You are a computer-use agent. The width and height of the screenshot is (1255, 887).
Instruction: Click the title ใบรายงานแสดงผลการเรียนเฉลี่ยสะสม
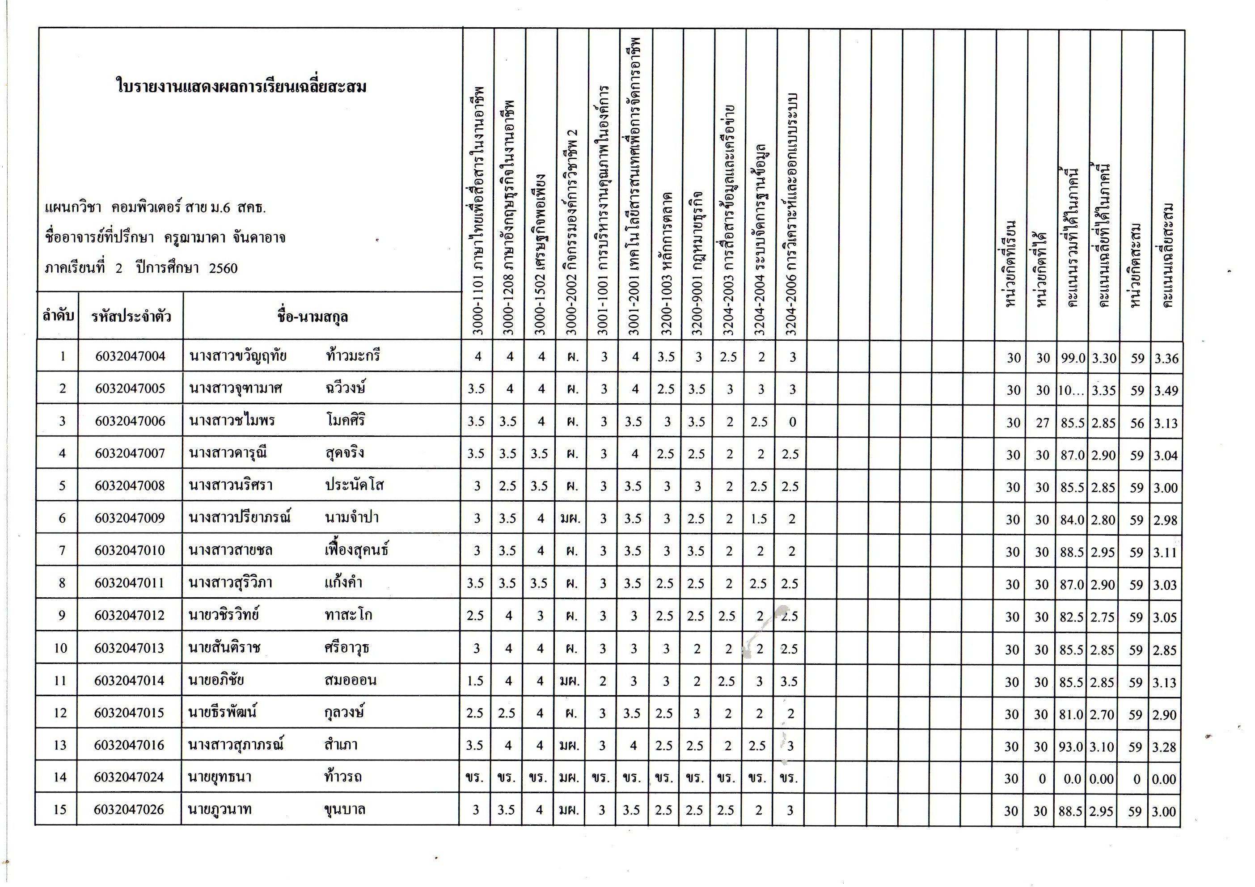point(241,86)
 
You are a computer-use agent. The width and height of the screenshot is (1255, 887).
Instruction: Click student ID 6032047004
point(130,356)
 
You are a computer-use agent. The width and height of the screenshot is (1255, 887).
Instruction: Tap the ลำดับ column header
point(58,316)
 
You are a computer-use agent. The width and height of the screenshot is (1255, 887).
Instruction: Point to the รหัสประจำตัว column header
point(131,317)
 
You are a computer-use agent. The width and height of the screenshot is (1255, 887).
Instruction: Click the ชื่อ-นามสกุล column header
point(312,317)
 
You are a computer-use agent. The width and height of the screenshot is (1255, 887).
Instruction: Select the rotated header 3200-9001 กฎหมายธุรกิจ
point(697,262)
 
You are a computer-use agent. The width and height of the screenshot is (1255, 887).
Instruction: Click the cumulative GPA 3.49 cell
point(1166,391)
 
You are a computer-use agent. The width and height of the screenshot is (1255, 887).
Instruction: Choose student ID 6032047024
point(129,777)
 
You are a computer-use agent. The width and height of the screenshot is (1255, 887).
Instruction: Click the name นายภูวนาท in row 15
point(220,809)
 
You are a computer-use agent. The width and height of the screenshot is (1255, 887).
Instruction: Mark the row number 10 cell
point(61,648)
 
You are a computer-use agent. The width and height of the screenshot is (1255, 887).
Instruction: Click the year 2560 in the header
point(223,268)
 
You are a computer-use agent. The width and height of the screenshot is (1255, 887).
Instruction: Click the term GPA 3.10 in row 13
point(1102,747)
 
